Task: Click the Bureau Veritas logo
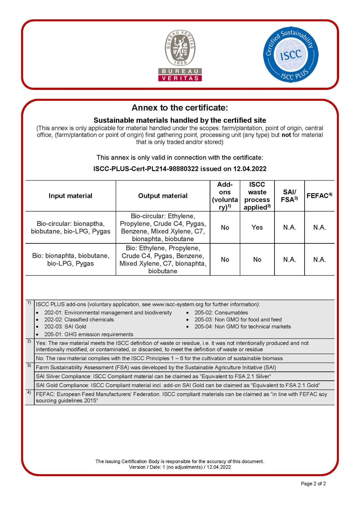pyautogui.click(x=180, y=55)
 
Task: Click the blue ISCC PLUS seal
pyautogui.click(x=290, y=55)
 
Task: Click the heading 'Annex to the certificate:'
pyautogui.click(x=180, y=108)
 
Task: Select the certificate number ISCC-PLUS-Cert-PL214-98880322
pyautogui.click(x=146, y=169)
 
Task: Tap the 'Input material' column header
pyautogui.click(x=70, y=196)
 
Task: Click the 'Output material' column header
pyautogui.click(x=163, y=196)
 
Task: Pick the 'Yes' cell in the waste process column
pyautogui.click(x=257, y=227)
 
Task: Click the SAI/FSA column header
pyautogui.click(x=289, y=196)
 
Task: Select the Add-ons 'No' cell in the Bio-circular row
pyautogui.click(x=225, y=227)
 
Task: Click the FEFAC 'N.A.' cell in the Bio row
pyautogui.click(x=319, y=260)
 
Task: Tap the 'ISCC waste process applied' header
pyautogui.click(x=257, y=196)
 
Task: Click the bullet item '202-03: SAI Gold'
pyautogui.click(x=65, y=327)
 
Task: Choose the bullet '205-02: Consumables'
pyautogui.click(x=221, y=313)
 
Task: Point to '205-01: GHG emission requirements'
pyautogui.click(x=89, y=334)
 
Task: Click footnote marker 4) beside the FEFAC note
pyautogui.click(x=29, y=392)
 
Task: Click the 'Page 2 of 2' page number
pyautogui.click(x=313, y=484)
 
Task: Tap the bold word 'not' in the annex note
pyautogui.click(x=286, y=135)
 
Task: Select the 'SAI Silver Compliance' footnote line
pyautogui.click(x=153, y=376)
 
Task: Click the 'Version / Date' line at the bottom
pyautogui.click(x=180, y=467)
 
